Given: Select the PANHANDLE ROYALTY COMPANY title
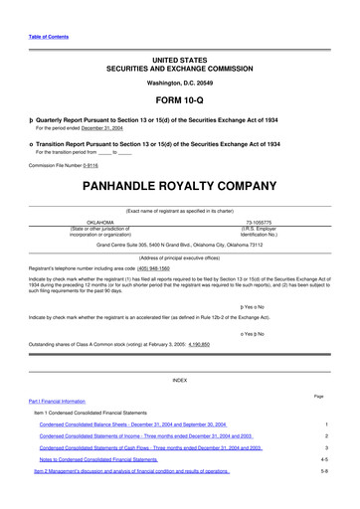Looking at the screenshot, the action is coord(179,185).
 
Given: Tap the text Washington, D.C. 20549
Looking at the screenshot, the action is coord(179,84).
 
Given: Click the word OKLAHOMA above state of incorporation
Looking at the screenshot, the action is coord(100,224).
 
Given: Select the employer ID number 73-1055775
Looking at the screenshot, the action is coord(262,224).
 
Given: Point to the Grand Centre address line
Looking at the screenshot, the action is coord(179,243).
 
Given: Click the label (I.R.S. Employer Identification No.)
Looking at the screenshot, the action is coord(262,234).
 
